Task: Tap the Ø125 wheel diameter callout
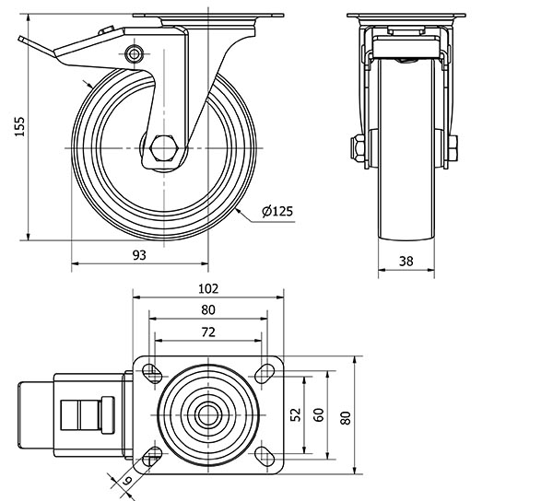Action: click(277, 212)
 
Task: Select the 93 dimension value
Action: click(139, 254)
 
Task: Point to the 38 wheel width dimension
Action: click(406, 261)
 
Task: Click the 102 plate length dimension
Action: click(208, 287)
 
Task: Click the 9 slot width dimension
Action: click(127, 479)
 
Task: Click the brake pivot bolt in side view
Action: click(136, 53)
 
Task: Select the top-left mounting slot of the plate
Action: click(152, 371)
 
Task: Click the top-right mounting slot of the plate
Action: click(265, 371)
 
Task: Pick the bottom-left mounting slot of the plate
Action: click(152, 456)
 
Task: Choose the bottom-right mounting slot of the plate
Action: click(265, 456)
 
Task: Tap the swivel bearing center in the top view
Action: click(209, 414)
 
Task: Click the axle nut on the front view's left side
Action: click(355, 148)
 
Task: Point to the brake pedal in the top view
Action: click(87, 414)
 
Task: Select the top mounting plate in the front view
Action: click(406, 19)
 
